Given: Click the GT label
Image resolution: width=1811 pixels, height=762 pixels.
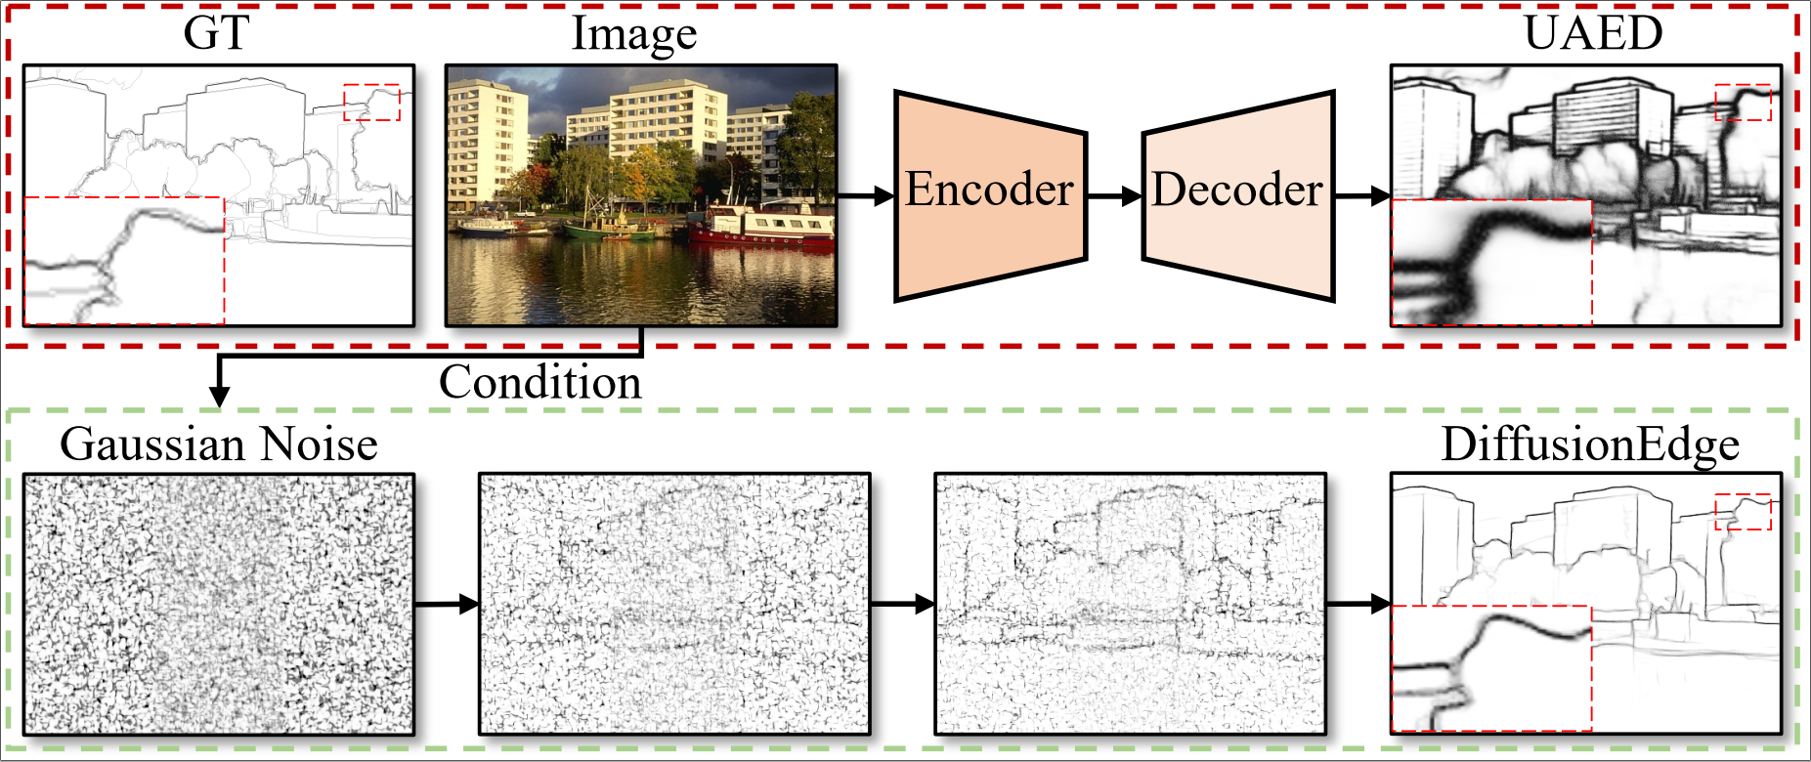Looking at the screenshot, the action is tap(216, 33).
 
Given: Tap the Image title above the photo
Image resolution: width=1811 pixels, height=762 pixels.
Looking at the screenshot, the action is tap(634, 33).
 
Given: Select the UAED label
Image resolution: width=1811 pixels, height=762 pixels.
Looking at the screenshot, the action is tap(1593, 33).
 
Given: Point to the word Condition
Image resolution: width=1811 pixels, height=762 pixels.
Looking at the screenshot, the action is tap(539, 382).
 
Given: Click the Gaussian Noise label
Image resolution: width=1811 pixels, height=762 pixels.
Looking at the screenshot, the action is tap(219, 444).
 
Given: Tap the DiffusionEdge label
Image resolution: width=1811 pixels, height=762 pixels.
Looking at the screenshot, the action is tap(1590, 444).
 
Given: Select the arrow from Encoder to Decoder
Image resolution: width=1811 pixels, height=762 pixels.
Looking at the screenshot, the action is tap(1114, 196).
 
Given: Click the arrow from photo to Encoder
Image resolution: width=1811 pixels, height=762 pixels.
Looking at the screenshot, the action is tap(866, 196).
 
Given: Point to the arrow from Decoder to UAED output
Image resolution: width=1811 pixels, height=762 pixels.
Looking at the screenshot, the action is tap(1362, 196).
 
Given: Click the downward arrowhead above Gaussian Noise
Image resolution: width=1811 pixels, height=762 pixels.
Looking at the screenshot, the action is tap(220, 395).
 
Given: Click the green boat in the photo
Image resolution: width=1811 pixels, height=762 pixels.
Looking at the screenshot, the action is tap(608, 230).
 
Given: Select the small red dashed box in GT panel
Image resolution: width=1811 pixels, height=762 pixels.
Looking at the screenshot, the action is tap(371, 103).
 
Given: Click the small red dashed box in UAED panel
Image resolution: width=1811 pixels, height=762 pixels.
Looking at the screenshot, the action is tap(1744, 103).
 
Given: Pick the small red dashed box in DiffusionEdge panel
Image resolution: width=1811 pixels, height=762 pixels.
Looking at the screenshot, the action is tap(1744, 512).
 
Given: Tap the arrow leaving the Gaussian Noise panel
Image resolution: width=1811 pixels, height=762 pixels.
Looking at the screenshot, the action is tap(447, 604).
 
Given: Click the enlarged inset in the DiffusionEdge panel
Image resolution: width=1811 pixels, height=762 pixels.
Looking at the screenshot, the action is tap(1491, 668).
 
